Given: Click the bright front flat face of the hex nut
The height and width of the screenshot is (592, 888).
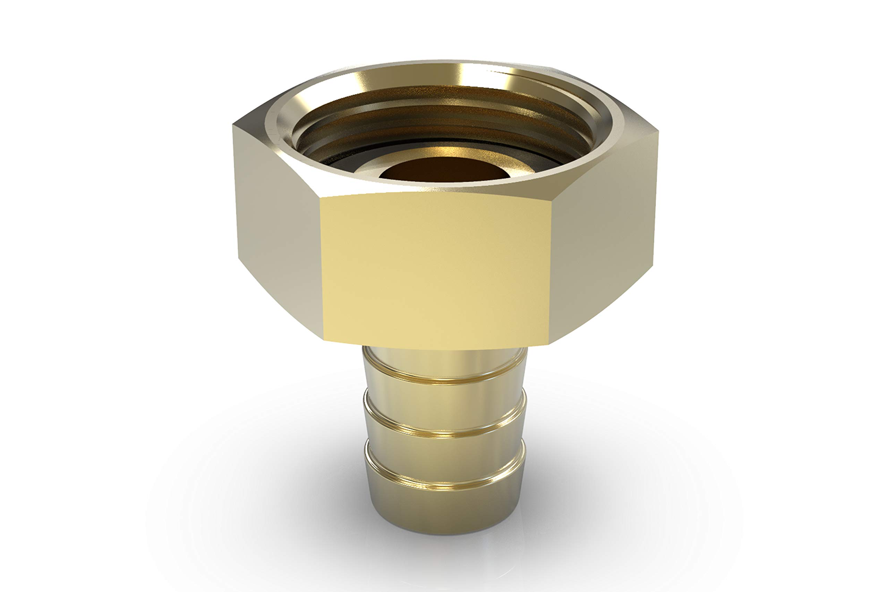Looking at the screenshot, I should click(434, 270).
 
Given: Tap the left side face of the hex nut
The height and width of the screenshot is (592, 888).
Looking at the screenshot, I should click(277, 230).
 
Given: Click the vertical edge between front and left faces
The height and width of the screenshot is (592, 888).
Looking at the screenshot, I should click(322, 268).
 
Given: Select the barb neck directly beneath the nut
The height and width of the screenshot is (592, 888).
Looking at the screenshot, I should click(445, 361).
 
